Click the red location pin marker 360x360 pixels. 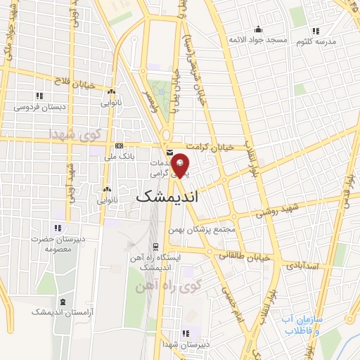click(181, 166)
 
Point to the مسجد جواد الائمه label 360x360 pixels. click(257, 40)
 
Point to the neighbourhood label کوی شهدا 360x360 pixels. click(75, 133)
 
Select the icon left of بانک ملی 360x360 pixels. click(118, 146)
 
